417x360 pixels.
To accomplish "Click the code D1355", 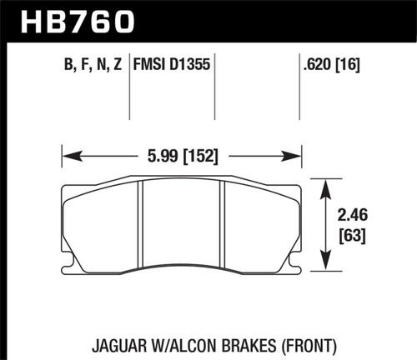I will point(189,63).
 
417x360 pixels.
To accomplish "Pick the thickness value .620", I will point(319,63).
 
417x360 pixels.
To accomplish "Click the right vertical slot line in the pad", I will point(222,223).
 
